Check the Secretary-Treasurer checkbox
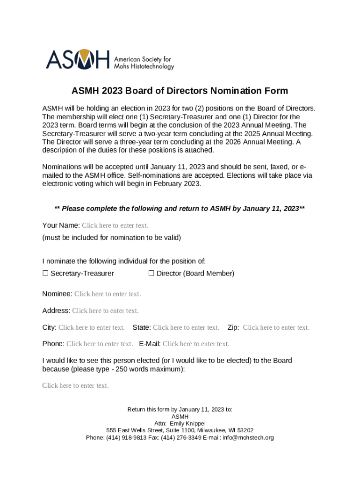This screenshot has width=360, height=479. point(45,273)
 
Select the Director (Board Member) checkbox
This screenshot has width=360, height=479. point(151,273)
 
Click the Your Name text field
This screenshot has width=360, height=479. point(115,225)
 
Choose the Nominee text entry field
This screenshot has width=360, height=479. point(108,294)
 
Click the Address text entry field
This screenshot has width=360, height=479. point(105,311)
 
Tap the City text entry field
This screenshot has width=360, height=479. point(92,327)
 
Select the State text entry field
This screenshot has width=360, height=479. point(186,327)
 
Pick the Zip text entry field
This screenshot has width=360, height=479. point(276,327)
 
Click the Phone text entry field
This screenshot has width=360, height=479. point(100,344)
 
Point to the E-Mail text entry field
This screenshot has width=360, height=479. point(196,344)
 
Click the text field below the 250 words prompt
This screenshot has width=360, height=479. point(75,385)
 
